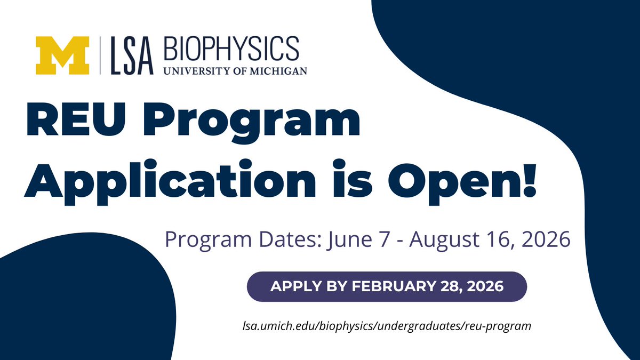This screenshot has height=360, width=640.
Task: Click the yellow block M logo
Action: (62, 55)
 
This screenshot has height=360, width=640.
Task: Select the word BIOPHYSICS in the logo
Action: (232, 49)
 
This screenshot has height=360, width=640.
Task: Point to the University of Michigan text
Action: (235, 70)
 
